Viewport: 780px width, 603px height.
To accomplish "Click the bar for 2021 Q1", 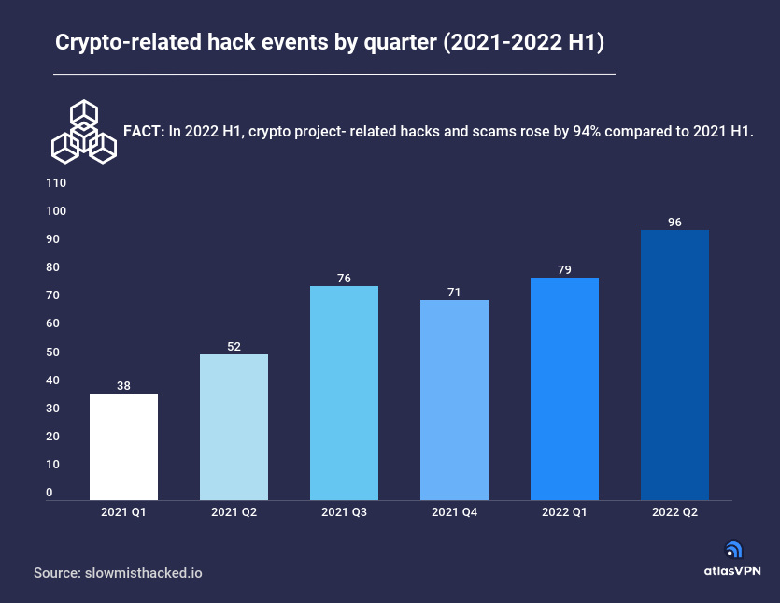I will tap(123, 447).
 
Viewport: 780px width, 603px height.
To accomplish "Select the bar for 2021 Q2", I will tap(234, 427).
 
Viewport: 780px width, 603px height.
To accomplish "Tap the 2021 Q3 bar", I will tap(344, 393).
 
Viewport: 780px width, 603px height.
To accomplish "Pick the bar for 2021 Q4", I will tap(454, 400).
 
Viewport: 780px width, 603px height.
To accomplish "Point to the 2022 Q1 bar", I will tap(564, 389).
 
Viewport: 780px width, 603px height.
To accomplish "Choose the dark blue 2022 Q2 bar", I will tap(674, 365).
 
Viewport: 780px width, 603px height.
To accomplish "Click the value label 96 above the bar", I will tap(674, 223).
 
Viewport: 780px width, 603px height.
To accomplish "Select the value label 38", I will tap(123, 385).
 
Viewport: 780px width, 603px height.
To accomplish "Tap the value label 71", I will tap(454, 293).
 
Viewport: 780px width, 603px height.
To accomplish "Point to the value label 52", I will tap(234, 347).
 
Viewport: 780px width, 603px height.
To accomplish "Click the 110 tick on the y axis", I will tap(55, 183).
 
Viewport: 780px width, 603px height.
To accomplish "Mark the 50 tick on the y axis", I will tap(52, 352).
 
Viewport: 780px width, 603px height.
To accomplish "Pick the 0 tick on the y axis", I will tap(50, 493).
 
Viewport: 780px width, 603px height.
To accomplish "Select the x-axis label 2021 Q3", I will tap(344, 512).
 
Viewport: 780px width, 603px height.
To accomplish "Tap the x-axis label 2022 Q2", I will tap(674, 512).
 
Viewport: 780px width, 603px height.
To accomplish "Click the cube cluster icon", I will tap(83, 132).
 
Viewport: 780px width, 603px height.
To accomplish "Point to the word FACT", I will tap(144, 132).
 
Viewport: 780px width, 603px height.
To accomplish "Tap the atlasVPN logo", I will tap(733, 559).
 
